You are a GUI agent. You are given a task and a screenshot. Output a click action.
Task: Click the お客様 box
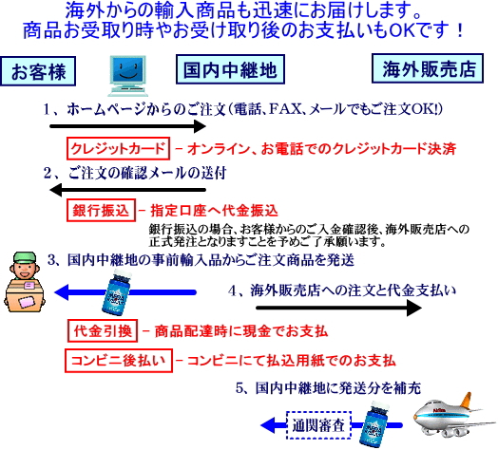pyautogui.click(x=38, y=71)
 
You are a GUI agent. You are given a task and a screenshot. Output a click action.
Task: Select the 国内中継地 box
pyautogui.click(x=230, y=69)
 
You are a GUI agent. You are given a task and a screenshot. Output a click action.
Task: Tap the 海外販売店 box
pyautogui.click(x=428, y=68)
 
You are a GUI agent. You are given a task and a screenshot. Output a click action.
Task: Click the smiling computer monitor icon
pyautogui.click(x=127, y=76)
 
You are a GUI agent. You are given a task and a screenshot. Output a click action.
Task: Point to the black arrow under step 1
pyautogui.click(x=128, y=126)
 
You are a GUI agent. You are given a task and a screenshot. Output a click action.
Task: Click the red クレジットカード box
pyautogui.click(x=118, y=148)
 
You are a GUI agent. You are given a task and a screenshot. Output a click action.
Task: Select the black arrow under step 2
pyautogui.click(x=128, y=190)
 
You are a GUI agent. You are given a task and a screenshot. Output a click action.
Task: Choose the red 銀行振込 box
pyautogui.click(x=101, y=210)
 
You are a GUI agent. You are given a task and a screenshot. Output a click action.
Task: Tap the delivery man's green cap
pyautogui.click(x=23, y=257)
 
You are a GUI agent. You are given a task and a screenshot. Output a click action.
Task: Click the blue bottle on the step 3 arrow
pyautogui.click(x=116, y=292)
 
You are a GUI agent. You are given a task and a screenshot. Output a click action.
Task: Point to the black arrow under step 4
pyautogui.click(x=339, y=308)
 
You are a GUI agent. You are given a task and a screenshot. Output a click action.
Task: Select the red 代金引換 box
pyautogui.click(x=103, y=330)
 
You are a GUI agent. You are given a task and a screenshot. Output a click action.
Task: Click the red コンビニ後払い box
pyautogui.click(x=119, y=361)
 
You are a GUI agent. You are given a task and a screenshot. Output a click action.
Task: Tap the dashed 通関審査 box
pyautogui.click(x=319, y=425)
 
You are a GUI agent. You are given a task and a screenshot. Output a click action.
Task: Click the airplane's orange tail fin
pyautogui.click(x=466, y=402)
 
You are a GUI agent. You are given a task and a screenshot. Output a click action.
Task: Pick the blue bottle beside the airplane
pyautogui.click(x=374, y=424)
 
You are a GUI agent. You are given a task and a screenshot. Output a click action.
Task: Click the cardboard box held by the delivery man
pyautogui.click(x=25, y=296)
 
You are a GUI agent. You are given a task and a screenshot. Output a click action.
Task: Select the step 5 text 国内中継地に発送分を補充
pyautogui.click(x=338, y=387)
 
